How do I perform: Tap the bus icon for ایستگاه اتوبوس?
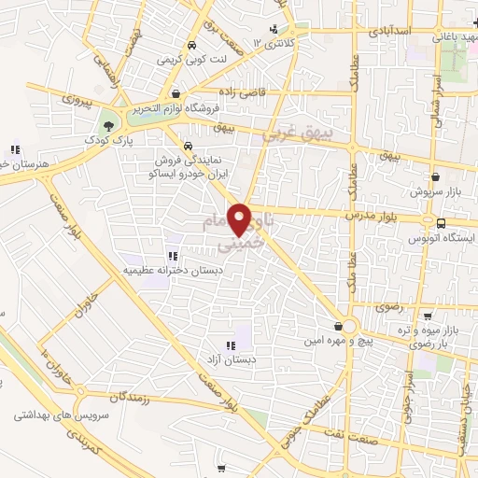[441, 223]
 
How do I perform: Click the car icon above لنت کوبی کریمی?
[190, 45]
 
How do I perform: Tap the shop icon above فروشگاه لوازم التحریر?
[176, 93]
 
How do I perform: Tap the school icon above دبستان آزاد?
[231, 346]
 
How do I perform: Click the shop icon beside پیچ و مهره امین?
[337, 326]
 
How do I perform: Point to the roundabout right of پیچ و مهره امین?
[349, 327]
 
